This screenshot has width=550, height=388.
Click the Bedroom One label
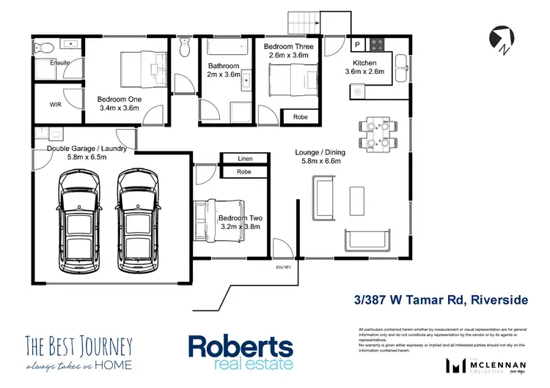(119, 103)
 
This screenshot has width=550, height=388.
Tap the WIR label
(55, 105)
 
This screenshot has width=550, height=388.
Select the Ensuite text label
(59, 63)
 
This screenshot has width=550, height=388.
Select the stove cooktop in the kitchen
(378, 44)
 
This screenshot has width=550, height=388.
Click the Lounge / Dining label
(318, 157)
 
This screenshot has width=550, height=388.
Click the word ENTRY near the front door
(284, 267)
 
